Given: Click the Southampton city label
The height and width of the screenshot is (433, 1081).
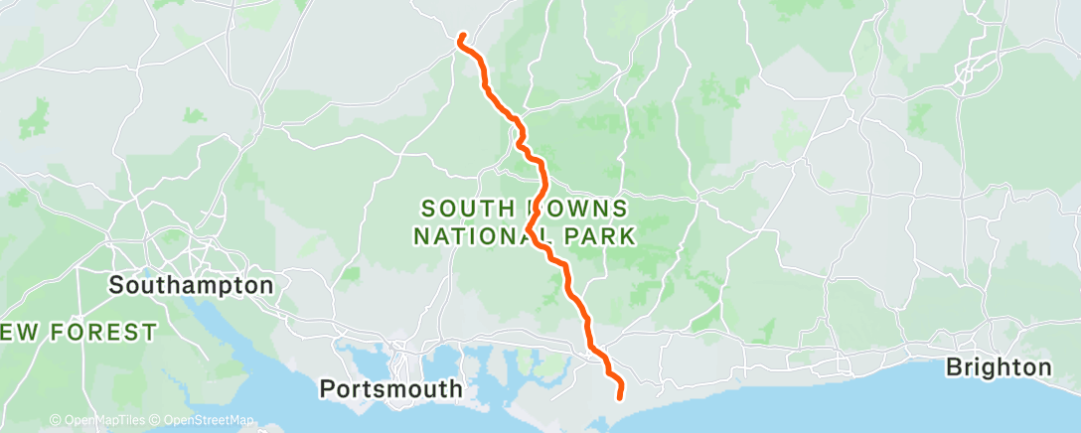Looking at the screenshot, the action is click(x=191, y=286).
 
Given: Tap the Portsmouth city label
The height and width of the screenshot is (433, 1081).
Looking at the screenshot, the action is click(x=391, y=388).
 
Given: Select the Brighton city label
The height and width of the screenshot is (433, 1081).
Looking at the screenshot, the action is click(x=998, y=367).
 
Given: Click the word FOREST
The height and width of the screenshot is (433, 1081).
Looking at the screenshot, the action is click(x=104, y=332).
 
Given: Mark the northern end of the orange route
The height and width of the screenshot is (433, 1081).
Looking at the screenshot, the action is click(x=461, y=38).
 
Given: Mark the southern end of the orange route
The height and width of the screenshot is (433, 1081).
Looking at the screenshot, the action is click(x=620, y=397).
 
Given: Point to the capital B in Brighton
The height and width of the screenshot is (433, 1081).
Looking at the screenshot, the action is click(x=953, y=367).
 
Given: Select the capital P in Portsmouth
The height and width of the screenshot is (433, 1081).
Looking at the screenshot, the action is click(x=327, y=388).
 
